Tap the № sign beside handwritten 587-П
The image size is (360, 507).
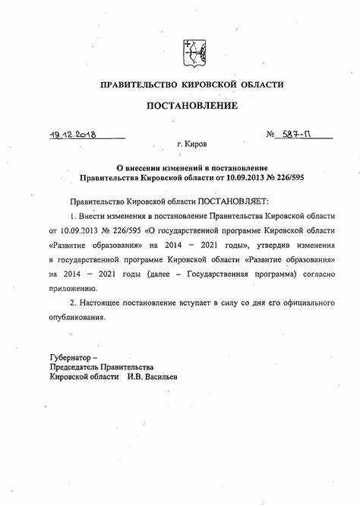point(271,135)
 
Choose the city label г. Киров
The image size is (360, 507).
point(191,144)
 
